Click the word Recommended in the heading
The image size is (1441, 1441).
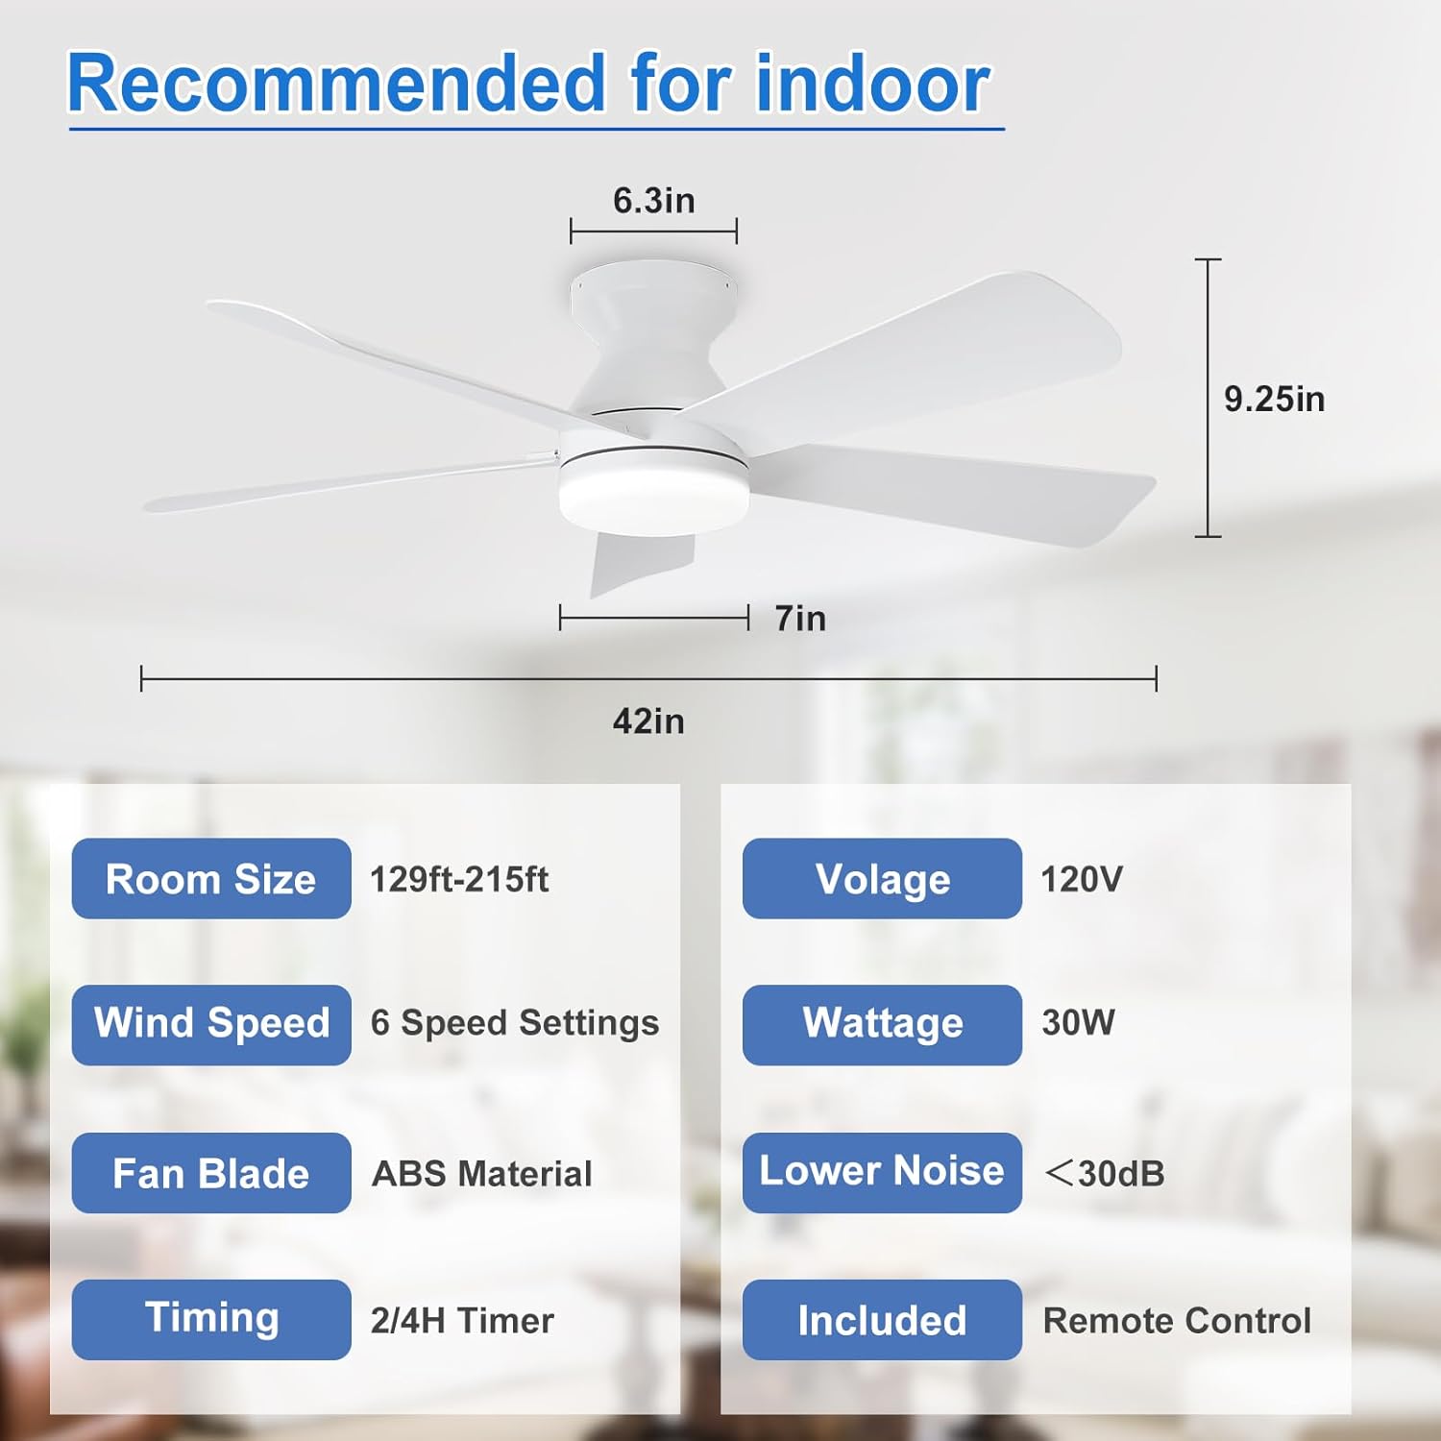tap(337, 85)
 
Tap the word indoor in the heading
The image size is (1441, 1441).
tap(874, 85)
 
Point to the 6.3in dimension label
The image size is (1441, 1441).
tap(653, 201)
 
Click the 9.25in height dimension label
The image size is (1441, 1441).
tap(1274, 399)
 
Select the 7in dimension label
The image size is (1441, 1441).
tap(800, 619)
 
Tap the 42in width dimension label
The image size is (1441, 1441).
tap(648, 721)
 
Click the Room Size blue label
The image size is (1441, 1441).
tap(211, 878)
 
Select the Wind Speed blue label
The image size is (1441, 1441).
tap(211, 1025)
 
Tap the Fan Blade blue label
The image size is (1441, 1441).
tap(211, 1173)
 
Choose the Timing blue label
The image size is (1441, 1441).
tap(211, 1320)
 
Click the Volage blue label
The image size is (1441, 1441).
tap(882, 878)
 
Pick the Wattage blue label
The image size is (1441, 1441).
tap(882, 1025)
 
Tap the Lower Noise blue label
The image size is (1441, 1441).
tap(882, 1173)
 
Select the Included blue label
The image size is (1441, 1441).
tap(882, 1320)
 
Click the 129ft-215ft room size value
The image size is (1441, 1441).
tap(459, 879)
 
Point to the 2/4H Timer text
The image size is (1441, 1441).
tap(462, 1321)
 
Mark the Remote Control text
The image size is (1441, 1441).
tap(1177, 1321)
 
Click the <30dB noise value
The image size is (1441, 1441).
tap(1104, 1173)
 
